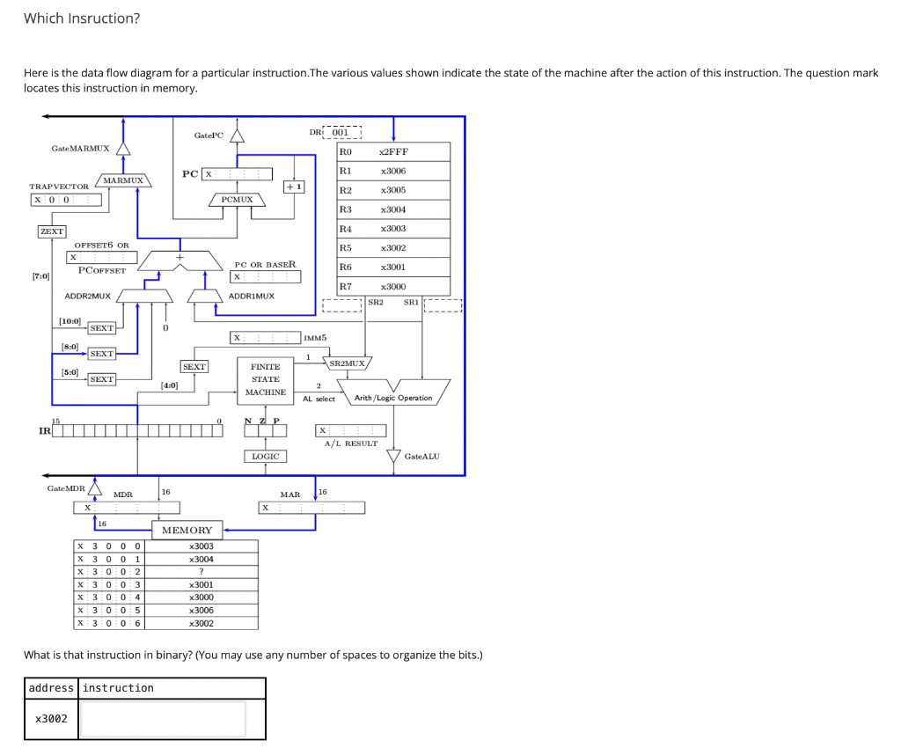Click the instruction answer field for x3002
[164, 719]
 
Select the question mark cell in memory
[201, 572]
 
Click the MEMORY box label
[187, 530]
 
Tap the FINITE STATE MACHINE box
[266, 379]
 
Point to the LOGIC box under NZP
[265, 456]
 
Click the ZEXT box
[51, 231]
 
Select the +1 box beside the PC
[294, 187]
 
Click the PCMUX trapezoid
[237, 200]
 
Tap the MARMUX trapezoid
[122, 180]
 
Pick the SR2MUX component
[348, 363]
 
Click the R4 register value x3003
[392, 229]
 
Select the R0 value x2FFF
[392, 152]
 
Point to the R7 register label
[346, 287]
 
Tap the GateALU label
[421, 456]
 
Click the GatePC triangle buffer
[236, 135]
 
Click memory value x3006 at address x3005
[201, 610]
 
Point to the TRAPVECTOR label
[59, 187]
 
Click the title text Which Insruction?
[82, 18]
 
